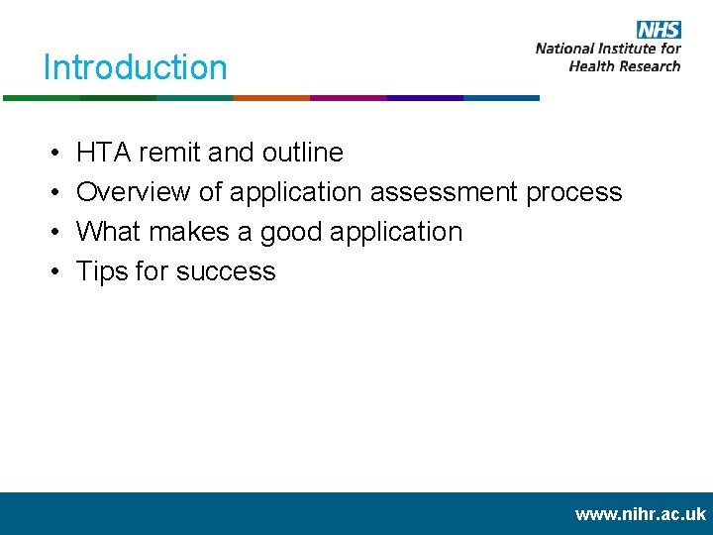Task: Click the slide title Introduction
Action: coord(135,67)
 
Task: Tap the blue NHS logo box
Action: coord(658,29)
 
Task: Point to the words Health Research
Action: coord(625,65)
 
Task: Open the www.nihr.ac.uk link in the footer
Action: coord(640,514)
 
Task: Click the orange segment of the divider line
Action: coord(271,98)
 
